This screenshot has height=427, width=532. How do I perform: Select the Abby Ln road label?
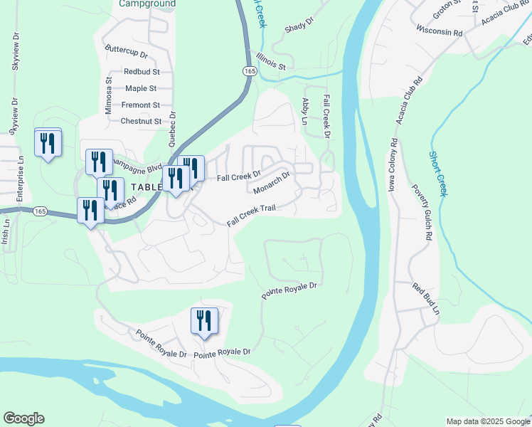(x=306, y=112)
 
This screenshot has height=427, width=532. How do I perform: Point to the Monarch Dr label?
(x=272, y=182)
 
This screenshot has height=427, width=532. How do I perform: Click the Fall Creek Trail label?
(x=250, y=213)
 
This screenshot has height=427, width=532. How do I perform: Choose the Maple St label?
(x=141, y=88)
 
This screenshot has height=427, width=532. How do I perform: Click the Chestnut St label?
(x=142, y=121)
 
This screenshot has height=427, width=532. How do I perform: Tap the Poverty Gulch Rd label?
(x=422, y=214)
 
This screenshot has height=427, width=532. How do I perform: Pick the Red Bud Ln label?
(x=426, y=299)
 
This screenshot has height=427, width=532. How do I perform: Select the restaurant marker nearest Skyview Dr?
(x=48, y=143)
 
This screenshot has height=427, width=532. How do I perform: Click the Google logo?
(x=23, y=418)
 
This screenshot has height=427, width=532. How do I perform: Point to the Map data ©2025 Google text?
(x=488, y=421)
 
